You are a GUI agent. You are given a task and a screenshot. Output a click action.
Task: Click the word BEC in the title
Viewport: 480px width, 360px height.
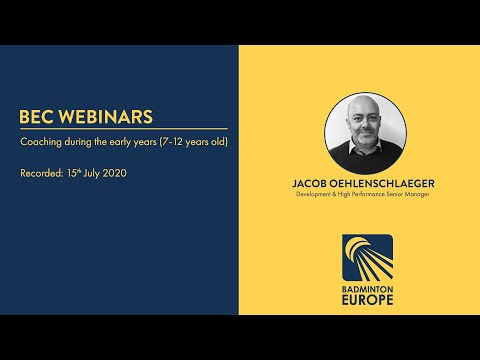37,117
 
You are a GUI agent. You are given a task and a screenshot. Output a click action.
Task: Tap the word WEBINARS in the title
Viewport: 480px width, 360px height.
105,117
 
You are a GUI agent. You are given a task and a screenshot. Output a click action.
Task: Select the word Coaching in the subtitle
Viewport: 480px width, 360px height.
41,143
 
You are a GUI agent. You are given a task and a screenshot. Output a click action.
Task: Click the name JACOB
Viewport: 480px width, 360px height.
310,183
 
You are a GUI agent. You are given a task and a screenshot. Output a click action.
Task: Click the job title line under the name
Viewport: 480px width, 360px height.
360,195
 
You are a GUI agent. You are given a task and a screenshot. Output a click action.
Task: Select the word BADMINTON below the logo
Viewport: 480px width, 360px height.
366,285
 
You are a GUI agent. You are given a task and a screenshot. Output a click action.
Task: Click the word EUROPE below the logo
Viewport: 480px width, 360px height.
366,298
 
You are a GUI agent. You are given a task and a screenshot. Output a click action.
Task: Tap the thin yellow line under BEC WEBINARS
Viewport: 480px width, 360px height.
123,129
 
